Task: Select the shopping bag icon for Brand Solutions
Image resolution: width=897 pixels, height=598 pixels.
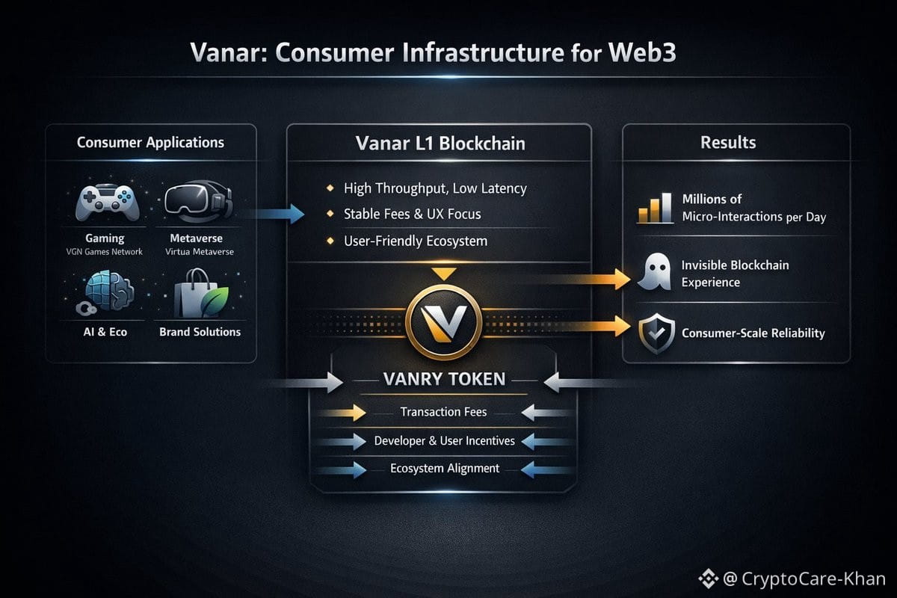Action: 199,294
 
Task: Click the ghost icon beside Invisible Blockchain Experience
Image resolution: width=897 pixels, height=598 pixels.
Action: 652,274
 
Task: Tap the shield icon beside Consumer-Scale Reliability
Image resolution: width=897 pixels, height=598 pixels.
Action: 653,333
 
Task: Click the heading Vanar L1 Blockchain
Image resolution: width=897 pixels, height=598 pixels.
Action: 440,144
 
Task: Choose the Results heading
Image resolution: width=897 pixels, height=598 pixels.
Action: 727,143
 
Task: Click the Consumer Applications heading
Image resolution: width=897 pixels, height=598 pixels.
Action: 150,142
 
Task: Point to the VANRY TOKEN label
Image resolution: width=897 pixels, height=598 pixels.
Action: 444,379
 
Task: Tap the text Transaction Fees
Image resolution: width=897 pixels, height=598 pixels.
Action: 443,412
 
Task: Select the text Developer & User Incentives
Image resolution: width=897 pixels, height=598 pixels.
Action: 444,441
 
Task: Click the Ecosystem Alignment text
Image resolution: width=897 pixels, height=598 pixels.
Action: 444,469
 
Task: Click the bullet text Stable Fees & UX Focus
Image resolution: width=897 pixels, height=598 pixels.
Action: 412,215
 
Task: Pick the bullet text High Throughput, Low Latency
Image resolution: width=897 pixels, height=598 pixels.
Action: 435,188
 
